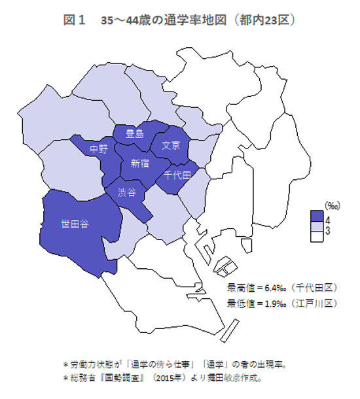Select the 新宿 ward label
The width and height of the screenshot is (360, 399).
tap(139, 163)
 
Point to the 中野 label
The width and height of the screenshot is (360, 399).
tap(99, 149)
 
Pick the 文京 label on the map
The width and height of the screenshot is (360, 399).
tap(171, 145)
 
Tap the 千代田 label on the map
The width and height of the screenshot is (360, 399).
tap(177, 175)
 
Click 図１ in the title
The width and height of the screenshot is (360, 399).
tap(74, 21)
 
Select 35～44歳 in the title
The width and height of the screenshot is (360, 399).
tap(126, 21)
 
